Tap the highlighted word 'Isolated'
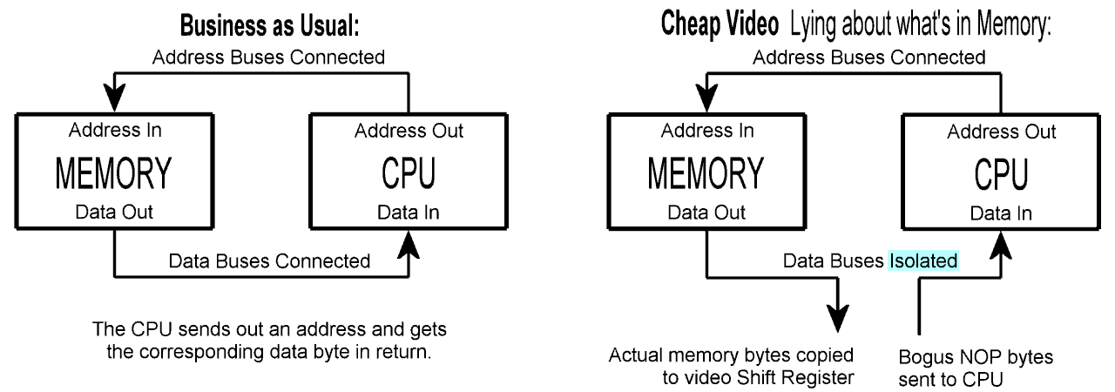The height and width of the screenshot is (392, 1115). tap(923, 260)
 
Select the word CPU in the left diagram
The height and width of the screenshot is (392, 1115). tap(409, 173)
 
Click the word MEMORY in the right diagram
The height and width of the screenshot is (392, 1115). tap(707, 173)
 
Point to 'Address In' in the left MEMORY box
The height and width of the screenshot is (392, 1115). tap(116, 132)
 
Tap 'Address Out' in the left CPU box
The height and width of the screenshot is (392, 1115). tap(409, 132)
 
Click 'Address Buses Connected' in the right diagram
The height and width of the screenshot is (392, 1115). tap(868, 58)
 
